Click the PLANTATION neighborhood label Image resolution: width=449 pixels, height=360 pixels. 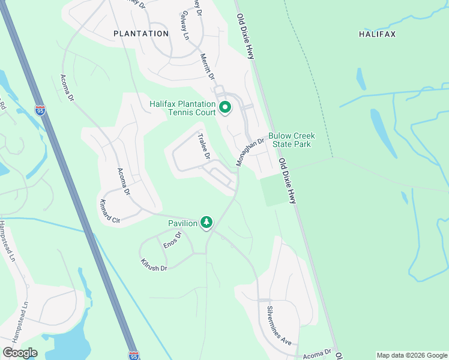coord(141,34)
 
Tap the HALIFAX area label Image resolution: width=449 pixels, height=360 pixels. coord(378,34)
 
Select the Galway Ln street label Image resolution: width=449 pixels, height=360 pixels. coord(185,25)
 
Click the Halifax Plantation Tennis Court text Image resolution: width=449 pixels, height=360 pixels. coord(182,108)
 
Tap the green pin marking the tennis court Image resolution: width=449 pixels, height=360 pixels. coord(226,108)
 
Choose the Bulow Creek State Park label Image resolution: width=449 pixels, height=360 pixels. coord(291,140)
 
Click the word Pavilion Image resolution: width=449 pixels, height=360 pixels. coord(183,223)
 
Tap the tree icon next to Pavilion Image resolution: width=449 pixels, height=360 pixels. coord(206,223)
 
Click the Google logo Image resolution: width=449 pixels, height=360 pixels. coord(20,353)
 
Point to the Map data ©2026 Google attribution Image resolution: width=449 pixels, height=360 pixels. coord(411,355)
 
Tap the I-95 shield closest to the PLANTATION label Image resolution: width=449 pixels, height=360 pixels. coord(40,110)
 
